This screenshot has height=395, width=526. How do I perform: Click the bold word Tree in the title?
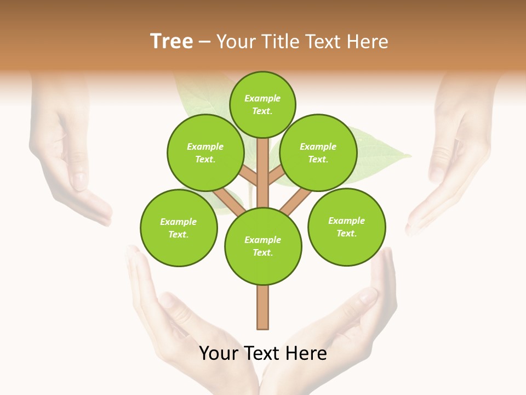pyautogui.click(x=171, y=42)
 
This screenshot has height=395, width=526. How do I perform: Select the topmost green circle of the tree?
pyautogui.click(x=262, y=104)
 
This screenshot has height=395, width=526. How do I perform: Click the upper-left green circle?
pyautogui.click(x=205, y=153)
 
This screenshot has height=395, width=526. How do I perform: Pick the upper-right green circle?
pyautogui.click(x=318, y=153)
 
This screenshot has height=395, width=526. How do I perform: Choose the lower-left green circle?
pyautogui.click(x=179, y=228)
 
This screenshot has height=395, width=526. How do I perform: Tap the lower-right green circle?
pyautogui.click(x=346, y=227)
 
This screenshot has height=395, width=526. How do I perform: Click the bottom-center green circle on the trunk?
pyautogui.click(x=263, y=246)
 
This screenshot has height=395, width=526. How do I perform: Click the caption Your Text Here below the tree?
pyautogui.click(x=263, y=353)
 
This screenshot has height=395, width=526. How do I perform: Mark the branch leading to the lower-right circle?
pyautogui.click(x=296, y=201)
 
